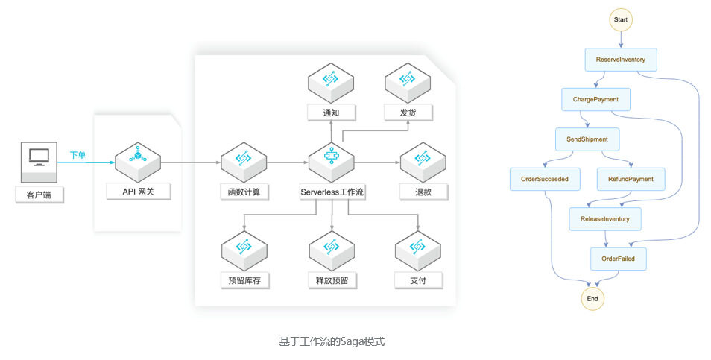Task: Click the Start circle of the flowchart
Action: tap(620, 19)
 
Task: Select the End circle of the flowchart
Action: tap(592, 299)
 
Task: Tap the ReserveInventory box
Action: tap(621, 60)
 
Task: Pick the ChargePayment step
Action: tap(595, 99)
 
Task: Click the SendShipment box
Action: tap(587, 139)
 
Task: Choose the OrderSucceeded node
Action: tap(545, 179)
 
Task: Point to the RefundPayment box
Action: tap(631, 179)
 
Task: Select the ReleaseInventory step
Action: tap(605, 219)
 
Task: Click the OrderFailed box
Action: tap(618, 259)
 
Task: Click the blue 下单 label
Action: tap(78, 155)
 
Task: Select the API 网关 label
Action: tap(139, 192)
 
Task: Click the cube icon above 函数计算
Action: tap(244, 162)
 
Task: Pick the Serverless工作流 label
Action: tap(332, 192)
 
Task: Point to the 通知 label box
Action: tap(331, 113)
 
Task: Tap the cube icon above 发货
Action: tap(408, 83)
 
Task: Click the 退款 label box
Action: tap(423, 192)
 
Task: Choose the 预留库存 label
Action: tap(244, 280)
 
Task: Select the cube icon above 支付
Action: tap(417, 250)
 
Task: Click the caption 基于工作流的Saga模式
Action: tap(332, 341)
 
